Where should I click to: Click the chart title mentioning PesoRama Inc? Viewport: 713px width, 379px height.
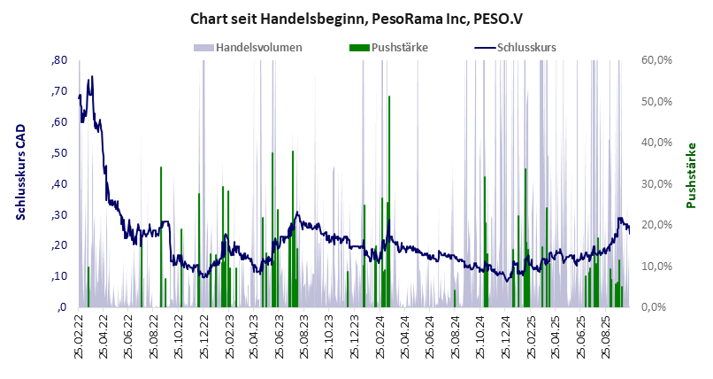(x=356, y=18)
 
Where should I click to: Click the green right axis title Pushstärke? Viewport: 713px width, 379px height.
(x=692, y=175)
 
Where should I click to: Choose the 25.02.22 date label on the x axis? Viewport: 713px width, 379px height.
(x=79, y=337)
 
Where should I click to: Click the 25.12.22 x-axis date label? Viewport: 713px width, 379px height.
(x=204, y=337)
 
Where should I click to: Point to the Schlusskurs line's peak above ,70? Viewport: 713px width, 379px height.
(x=91, y=77)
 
